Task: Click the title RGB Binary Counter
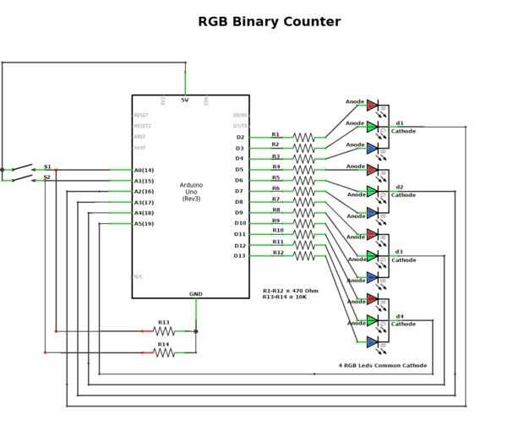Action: click(x=269, y=22)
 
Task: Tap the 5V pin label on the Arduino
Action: click(x=185, y=101)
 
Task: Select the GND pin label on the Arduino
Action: click(x=195, y=293)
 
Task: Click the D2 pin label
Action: click(x=240, y=137)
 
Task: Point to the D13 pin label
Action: click(x=240, y=255)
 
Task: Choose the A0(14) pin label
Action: click(x=144, y=170)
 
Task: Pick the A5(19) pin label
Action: click(x=144, y=224)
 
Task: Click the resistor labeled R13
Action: click(x=164, y=331)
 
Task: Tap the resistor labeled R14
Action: click(x=164, y=353)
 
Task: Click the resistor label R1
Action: click(x=276, y=134)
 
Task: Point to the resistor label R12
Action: click(x=278, y=253)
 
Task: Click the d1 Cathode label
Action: click(x=402, y=128)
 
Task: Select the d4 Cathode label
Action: click(x=402, y=320)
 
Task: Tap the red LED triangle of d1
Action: click(x=372, y=105)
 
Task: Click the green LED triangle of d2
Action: click(x=372, y=191)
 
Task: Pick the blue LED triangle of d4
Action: click(x=372, y=342)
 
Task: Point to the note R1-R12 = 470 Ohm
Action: click(x=291, y=291)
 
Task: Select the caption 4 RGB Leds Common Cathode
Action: click(x=382, y=366)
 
